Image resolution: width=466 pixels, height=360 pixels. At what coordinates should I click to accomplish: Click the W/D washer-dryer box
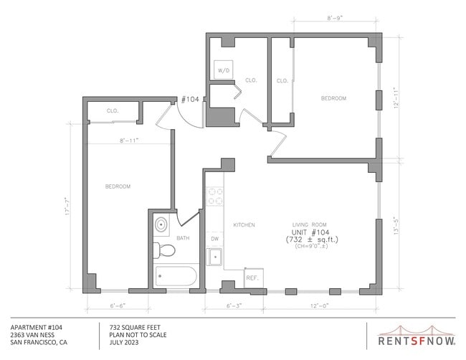(223, 71)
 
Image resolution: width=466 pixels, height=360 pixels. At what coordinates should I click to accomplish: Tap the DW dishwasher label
(214, 238)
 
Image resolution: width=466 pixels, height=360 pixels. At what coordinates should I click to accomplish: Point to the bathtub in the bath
(176, 277)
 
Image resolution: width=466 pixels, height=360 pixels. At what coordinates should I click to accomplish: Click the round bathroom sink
(161, 225)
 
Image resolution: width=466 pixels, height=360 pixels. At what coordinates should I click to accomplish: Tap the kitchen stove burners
(214, 196)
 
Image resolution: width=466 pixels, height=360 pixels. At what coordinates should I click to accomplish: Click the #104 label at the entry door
(189, 100)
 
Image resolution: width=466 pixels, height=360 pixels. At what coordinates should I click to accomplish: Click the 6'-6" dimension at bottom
(118, 306)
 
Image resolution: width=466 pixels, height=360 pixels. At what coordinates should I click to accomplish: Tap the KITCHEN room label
(244, 225)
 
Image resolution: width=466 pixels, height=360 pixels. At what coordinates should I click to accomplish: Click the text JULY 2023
(123, 341)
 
